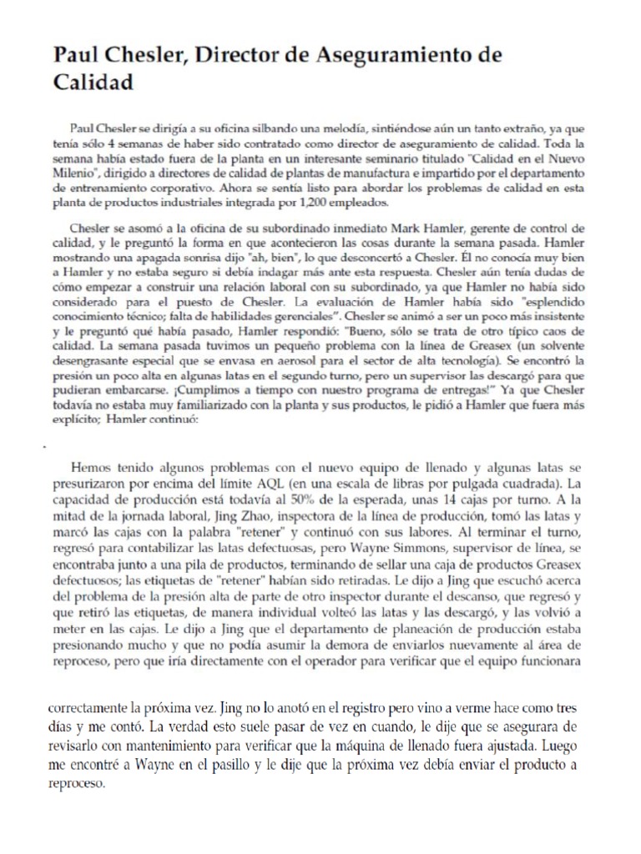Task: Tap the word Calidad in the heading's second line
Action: pyautogui.click(x=93, y=83)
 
